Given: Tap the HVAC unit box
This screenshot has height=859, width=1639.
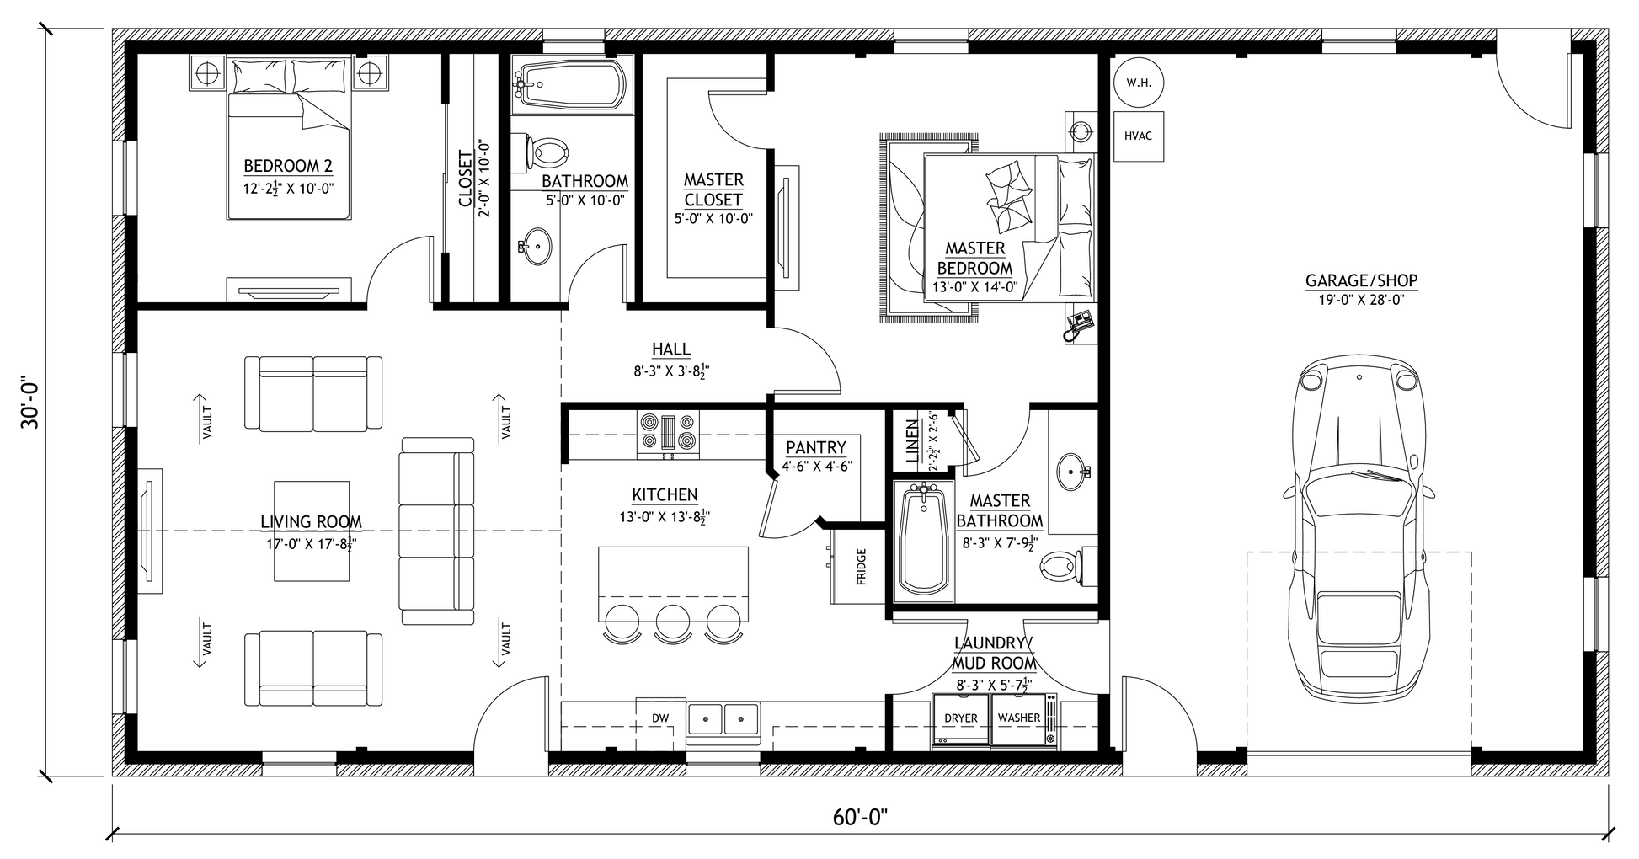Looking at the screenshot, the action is coord(1138,136).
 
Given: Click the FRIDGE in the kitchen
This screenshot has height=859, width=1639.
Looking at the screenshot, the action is coord(857,565).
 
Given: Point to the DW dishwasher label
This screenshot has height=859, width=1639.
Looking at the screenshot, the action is coord(660,718).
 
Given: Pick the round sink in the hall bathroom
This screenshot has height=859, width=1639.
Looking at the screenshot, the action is coord(535,246).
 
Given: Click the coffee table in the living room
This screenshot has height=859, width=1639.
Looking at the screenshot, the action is coord(312,531).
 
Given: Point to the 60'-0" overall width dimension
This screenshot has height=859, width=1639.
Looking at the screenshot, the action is coord(860,818).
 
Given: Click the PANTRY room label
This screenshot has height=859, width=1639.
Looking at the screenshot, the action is coord(815,447).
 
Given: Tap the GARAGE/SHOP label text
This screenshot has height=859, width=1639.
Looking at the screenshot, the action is coord(1361,280).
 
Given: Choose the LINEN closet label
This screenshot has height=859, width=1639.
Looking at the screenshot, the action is coord(912,442).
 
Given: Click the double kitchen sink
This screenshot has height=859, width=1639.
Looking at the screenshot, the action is coord(723,720).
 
